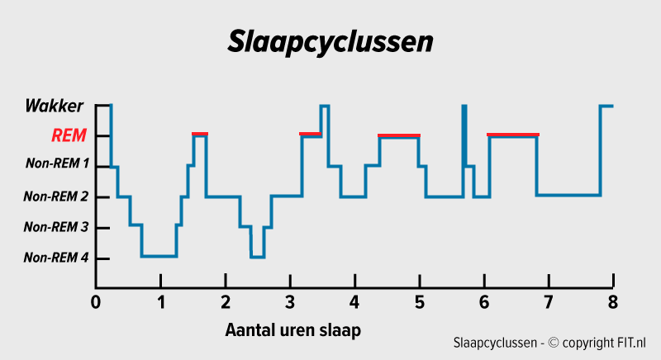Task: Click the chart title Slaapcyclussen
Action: [x=330, y=41]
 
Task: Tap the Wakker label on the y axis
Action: [x=54, y=106]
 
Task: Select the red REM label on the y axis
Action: [x=69, y=135]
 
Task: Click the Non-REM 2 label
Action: [x=55, y=197]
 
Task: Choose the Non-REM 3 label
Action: [x=55, y=227]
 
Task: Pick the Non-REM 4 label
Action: [x=55, y=258]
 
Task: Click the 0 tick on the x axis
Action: [x=96, y=301]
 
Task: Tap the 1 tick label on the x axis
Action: [x=160, y=301]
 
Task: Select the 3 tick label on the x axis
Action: [x=289, y=301]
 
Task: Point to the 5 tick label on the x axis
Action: [x=419, y=301]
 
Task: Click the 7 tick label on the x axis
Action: [x=548, y=301]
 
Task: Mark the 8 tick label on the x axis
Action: [x=612, y=301]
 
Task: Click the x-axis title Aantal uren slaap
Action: [x=293, y=330]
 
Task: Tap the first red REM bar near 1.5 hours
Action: [x=200, y=133]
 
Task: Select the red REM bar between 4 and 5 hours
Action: [x=399, y=135]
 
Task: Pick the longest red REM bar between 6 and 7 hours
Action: [x=513, y=135]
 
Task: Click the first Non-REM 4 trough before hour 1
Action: [x=159, y=256]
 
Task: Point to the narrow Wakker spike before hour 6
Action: [x=464, y=124]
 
